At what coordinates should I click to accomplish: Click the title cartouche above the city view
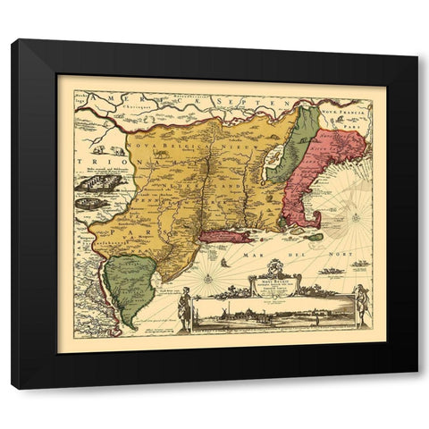[274, 285]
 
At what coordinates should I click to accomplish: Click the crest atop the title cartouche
[274, 265]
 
